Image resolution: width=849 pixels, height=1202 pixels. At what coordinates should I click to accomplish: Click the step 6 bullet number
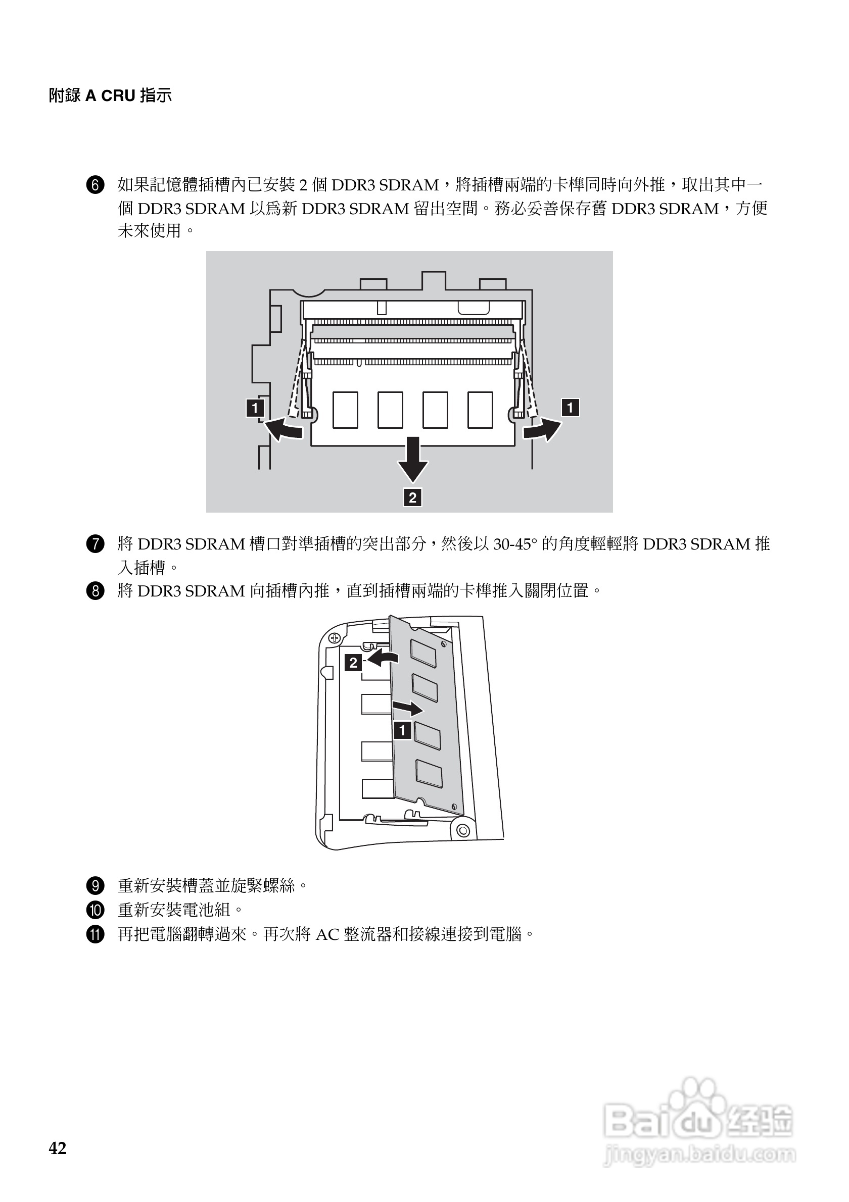96,185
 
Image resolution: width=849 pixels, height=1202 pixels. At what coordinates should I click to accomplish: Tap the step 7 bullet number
96,544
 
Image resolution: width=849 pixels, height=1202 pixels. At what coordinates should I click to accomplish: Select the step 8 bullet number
96,591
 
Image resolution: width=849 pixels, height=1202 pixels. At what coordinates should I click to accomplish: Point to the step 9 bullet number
96,886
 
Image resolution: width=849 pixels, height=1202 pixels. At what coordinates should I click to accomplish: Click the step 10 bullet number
96,911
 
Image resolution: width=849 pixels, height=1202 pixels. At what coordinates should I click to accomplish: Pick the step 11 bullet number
96,934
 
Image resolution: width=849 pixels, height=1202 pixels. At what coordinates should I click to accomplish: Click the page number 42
58,1148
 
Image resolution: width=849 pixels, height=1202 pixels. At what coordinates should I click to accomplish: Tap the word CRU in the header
118,96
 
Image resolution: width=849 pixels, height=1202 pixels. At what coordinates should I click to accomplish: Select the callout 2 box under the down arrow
413,497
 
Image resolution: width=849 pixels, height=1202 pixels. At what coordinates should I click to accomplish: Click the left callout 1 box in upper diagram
255,408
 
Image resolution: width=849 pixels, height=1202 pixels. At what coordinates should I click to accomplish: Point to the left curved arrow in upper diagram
284,429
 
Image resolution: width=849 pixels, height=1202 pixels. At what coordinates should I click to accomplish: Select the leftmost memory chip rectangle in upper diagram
345,410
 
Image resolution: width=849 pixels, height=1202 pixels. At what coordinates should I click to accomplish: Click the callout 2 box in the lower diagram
353,663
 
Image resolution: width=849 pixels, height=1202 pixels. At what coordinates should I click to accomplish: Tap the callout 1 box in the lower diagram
402,730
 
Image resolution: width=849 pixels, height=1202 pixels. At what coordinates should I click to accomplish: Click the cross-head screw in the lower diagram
335,638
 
